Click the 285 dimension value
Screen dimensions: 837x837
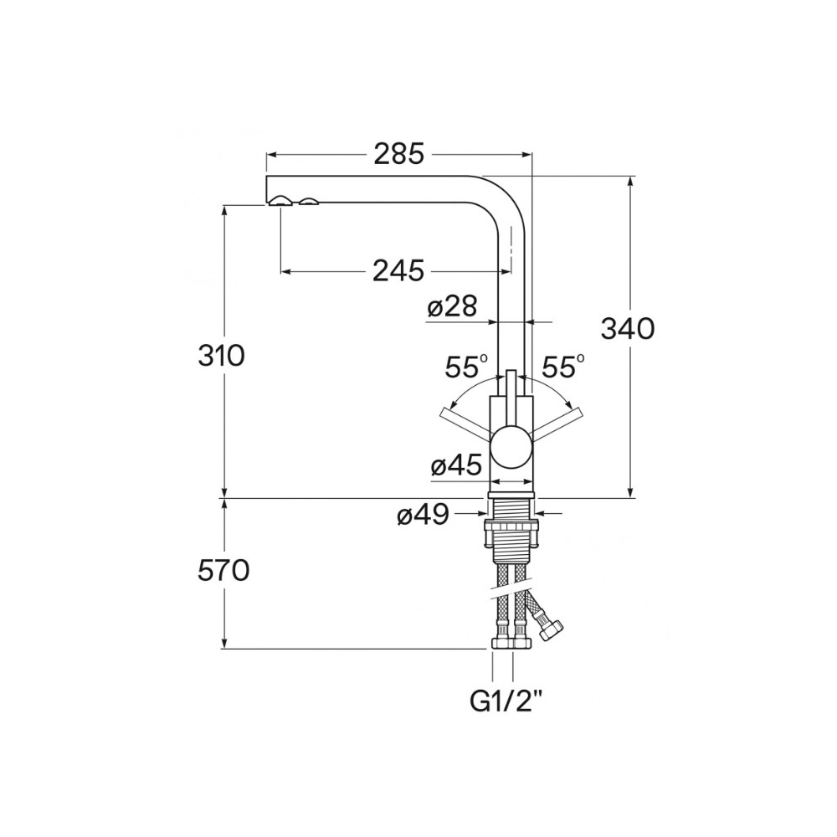398,154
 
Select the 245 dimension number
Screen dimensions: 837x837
398,270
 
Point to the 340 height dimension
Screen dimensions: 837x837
628,328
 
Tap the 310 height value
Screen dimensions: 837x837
221,356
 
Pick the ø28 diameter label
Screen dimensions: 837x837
452,307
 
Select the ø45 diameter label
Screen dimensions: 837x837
456,466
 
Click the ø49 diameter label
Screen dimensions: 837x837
423,515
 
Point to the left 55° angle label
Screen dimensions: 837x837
466,367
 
